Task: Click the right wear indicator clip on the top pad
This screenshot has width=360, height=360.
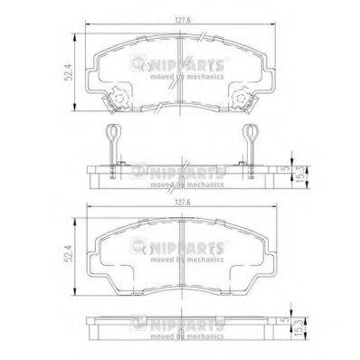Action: tap(243, 97)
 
